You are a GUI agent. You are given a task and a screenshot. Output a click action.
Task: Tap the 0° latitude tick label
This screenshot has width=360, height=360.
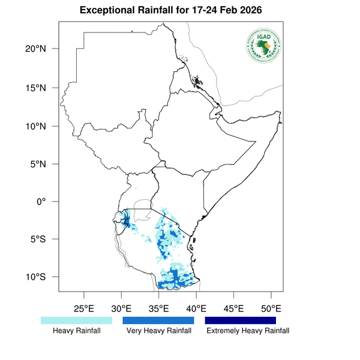[43, 202]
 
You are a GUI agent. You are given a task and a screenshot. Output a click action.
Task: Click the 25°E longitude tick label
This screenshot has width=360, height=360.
[83, 309]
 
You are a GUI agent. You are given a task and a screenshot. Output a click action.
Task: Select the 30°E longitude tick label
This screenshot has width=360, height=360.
[121, 309]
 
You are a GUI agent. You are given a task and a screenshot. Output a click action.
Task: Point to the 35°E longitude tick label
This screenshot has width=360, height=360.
[158, 309]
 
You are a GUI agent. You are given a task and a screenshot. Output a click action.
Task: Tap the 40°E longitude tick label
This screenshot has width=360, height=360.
[196, 309]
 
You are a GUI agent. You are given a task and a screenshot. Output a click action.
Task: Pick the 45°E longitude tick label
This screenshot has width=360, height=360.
[233, 309]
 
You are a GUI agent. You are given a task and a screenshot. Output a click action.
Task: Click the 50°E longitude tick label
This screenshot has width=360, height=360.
[271, 309]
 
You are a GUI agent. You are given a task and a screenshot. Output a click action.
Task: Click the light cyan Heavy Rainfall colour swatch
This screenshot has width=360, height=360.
[76, 320]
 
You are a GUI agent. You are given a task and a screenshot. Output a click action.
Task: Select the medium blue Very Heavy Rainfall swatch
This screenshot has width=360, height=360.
[158, 320]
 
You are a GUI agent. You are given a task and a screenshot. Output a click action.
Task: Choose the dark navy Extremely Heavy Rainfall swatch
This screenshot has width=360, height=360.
[241, 320]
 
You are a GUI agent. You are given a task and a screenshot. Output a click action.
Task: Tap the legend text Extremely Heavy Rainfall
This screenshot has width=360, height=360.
[247, 331]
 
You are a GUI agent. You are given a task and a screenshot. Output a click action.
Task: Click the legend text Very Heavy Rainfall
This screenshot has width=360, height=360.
[158, 331]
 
